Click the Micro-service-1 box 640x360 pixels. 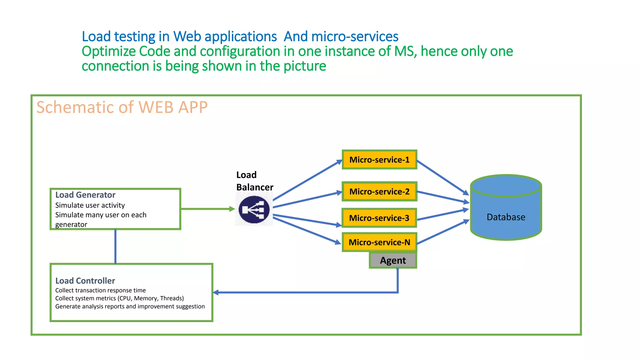pos(379,160)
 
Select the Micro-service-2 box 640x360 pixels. pos(379,192)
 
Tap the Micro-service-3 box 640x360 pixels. pos(379,218)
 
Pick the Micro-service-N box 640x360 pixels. pos(379,242)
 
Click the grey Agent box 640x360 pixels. pos(393,260)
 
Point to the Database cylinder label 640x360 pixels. pos(506,217)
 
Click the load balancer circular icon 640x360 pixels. pos(254,209)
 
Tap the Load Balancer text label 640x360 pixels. pos(254,181)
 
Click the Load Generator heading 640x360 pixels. pos(85,195)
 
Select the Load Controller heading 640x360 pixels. pos(85,281)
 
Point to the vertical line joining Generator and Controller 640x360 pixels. pos(115,247)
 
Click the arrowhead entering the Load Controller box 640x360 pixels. pos(216,292)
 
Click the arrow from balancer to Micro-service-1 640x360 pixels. pos(308,180)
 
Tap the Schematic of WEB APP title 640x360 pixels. pos(122,107)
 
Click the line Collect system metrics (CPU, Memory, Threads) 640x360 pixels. pos(119,298)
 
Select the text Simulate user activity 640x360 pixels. pos(90,205)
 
